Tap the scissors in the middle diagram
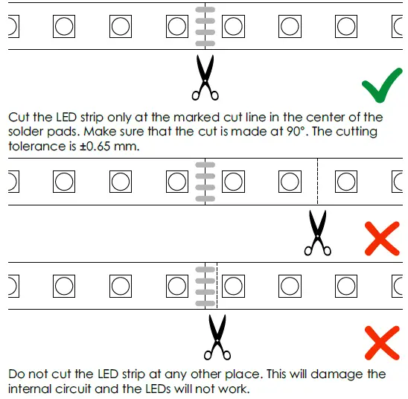(318, 232)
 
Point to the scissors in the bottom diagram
(217, 336)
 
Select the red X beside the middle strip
(383, 238)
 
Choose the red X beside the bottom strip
(383, 343)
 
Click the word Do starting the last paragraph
(16, 374)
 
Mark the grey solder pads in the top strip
(204, 26)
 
